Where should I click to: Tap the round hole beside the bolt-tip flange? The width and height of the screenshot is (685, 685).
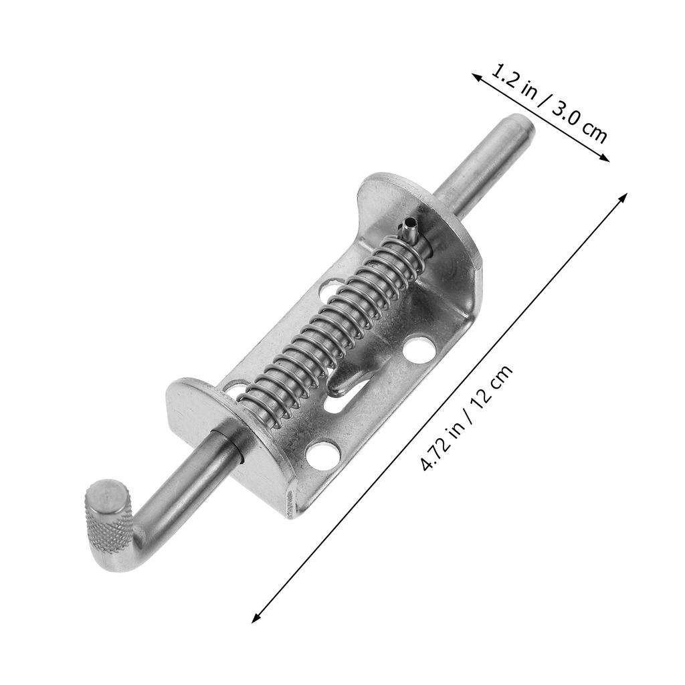[x=418, y=350]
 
